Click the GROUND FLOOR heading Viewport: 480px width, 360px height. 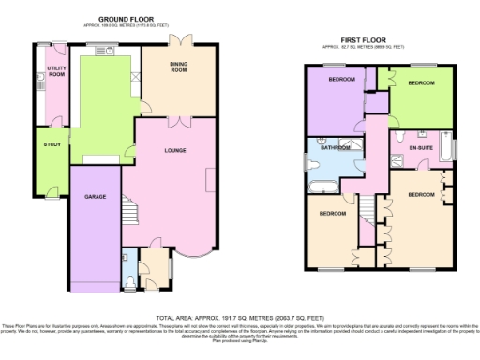coord(127,19)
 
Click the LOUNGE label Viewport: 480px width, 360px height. coord(174,150)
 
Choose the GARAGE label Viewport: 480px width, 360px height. coord(94,198)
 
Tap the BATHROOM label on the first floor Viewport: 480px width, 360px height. coord(335,147)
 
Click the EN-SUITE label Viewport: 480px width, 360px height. coord(419,148)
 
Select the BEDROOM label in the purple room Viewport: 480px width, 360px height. coord(340,80)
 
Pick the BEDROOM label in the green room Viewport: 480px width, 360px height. coord(421,83)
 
